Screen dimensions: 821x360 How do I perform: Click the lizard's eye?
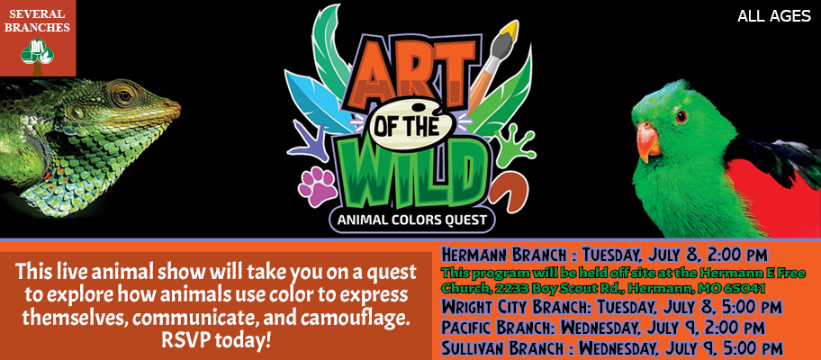click(124, 95)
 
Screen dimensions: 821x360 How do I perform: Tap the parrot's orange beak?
click(648, 141)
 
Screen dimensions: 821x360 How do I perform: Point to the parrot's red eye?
click(681, 117)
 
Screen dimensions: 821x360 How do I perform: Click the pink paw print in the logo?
click(317, 186)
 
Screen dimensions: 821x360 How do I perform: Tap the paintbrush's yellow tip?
click(510, 31)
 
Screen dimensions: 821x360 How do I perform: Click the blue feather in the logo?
click(317, 99)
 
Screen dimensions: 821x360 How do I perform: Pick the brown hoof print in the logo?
click(510, 193)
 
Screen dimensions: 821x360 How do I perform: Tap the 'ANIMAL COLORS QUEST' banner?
click(412, 220)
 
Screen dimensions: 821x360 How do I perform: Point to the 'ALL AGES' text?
click(774, 17)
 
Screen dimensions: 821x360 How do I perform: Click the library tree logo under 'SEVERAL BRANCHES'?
click(37, 56)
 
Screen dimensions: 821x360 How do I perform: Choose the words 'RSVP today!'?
click(216, 340)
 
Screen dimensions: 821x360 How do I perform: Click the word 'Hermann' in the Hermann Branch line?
click(474, 256)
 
